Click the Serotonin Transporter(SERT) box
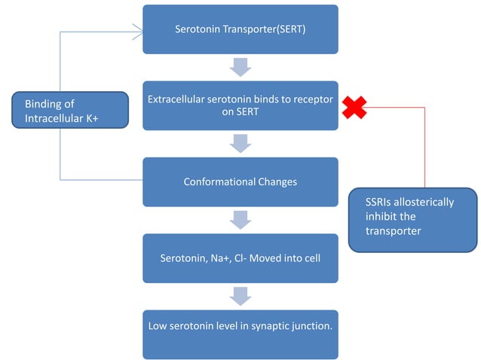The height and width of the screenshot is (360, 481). (240, 29)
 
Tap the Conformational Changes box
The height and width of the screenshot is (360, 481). (240, 182)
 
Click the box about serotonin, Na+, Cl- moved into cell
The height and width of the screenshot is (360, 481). (240, 258)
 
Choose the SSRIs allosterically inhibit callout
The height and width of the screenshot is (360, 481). (412, 219)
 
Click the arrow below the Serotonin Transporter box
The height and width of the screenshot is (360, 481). (240, 69)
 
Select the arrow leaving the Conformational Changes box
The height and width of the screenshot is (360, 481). (240, 220)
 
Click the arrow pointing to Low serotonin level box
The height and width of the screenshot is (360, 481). (240, 296)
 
